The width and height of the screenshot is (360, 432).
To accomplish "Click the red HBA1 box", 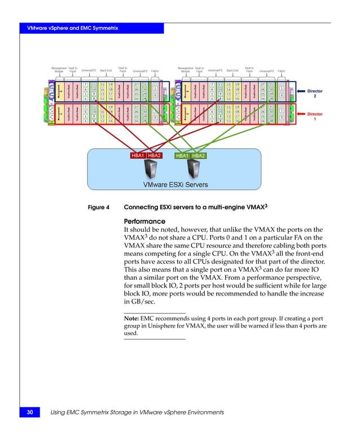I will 138,155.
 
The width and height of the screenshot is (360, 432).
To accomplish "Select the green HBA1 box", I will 182,155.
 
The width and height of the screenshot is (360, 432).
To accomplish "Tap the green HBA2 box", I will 199,155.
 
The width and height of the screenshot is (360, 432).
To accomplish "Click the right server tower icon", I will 193,169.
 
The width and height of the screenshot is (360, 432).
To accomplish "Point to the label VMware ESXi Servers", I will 175,184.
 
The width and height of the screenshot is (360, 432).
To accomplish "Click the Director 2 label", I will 314,93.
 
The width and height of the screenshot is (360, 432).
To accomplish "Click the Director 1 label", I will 314,117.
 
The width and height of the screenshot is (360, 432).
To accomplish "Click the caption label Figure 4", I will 99,207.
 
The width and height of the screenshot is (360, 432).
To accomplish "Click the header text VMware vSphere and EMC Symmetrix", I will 68,28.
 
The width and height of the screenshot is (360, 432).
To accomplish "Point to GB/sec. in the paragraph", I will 141,302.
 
